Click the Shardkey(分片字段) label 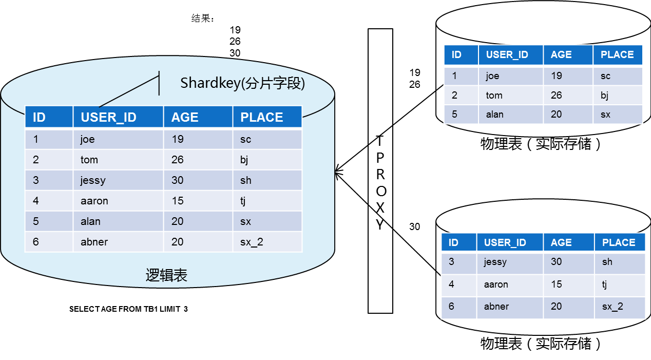pyautogui.click(x=242, y=83)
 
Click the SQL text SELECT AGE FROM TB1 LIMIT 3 pyautogui.click(x=128, y=309)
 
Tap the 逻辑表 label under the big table pyautogui.click(x=166, y=276)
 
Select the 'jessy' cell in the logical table pyautogui.click(x=93, y=180)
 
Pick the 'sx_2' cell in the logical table pyautogui.click(x=252, y=242)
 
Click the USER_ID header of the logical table pyautogui.click(x=108, y=117)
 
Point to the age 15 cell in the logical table pyautogui.click(x=178, y=201)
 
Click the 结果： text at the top pyautogui.click(x=203, y=18)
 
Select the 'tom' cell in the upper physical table pyautogui.click(x=494, y=96)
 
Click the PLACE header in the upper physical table pyautogui.click(x=617, y=55)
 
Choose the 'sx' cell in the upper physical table pyautogui.click(x=605, y=115)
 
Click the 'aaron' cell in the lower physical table pyautogui.click(x=496, y=285)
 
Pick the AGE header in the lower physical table pyautogui.click(x=561, y=242)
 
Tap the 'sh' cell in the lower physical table pyautogui.click(x=607, y=262)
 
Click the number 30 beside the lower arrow pyautogui.click(x=414, y=226)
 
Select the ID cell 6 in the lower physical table pyautogui.click(x=451, y=307)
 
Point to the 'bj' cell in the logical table pyautogui.click(x=244, y=160)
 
